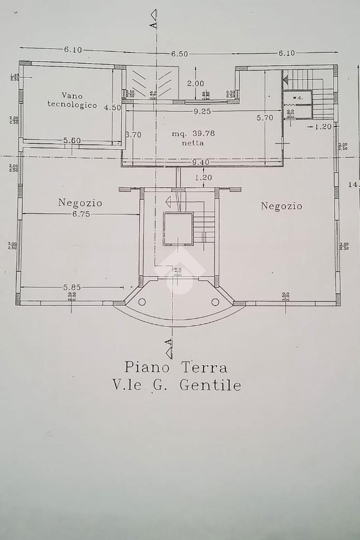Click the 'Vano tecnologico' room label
point(72,100)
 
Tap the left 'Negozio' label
point(80,203)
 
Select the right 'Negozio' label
point(281,206)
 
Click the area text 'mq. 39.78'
point(193,134)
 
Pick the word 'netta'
point(193,143)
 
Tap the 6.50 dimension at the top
point(179,54)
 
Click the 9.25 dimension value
point(203,111)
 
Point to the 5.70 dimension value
point(265,118)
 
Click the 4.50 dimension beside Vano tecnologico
point(112,107)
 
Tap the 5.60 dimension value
point(72,141)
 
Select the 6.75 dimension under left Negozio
point(81,214)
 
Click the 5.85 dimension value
point(73,287)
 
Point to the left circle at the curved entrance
point(142,302)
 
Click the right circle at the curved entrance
point(215,302)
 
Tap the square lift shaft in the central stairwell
point(178,229)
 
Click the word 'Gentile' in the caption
point(210,385)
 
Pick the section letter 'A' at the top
point(153,24)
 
